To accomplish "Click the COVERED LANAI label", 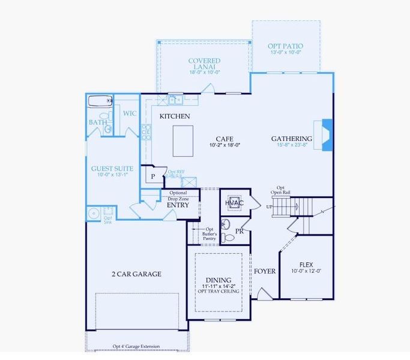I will coord(204,64).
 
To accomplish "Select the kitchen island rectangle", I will coord(183,140).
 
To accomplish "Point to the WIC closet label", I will coord(130,113).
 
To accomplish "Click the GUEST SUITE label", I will coord(112,169).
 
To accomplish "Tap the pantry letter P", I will coord(153,176).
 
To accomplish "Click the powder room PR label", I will coord(239,230).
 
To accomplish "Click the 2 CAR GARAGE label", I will coord(137,274).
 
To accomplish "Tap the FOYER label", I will coord(265,271).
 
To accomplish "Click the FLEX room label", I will coord(306,265).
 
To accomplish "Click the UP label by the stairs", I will coord(270,207).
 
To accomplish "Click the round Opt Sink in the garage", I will coord(93,213).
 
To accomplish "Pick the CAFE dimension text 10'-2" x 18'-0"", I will coord(229,145).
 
